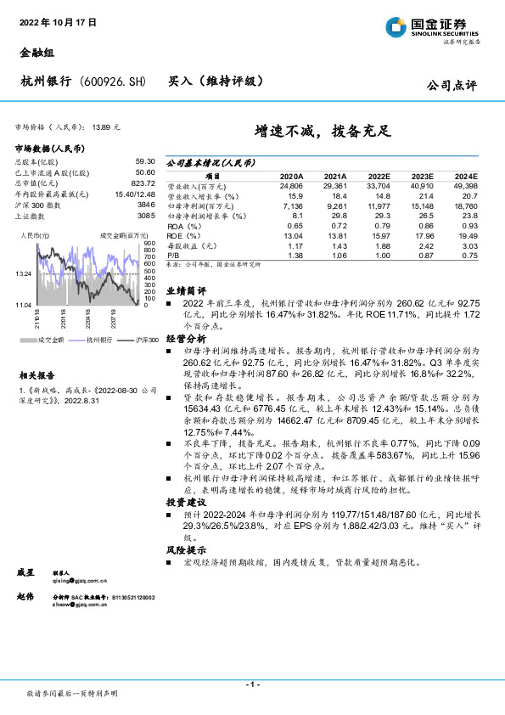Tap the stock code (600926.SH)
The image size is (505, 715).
click(x=112, y=82)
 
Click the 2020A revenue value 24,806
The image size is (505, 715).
click(x=291, y=183)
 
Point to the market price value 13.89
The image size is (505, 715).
click(x=101, y=127)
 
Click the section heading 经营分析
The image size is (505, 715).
click(x=185, y=337)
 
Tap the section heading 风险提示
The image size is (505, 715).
click(x=185, y=550)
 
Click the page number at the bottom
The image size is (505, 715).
click(x=252, y=684)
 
